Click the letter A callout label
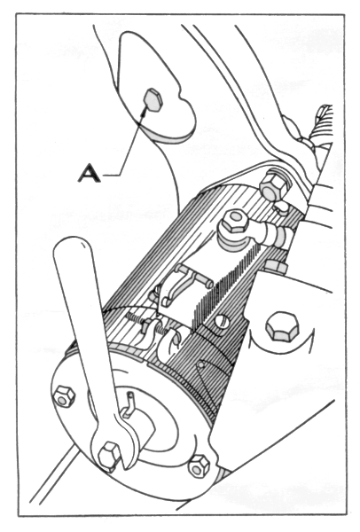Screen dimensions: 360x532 pos(90,172)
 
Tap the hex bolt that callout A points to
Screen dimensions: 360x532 pos(153,99)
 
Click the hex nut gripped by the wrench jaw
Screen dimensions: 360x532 pos(109,456)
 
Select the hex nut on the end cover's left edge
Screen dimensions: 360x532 pos(64,396)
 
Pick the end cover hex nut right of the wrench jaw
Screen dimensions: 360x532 pos(199,466)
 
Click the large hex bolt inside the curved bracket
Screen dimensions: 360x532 pos(282,325)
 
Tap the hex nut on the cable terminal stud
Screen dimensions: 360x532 pos(233,221)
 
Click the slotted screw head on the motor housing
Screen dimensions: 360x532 pos(222,320)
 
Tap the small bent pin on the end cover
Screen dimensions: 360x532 pos(129,404)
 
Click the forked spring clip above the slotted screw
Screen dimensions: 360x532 pos(184,283)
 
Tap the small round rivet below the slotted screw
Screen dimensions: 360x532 pos(202,364)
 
